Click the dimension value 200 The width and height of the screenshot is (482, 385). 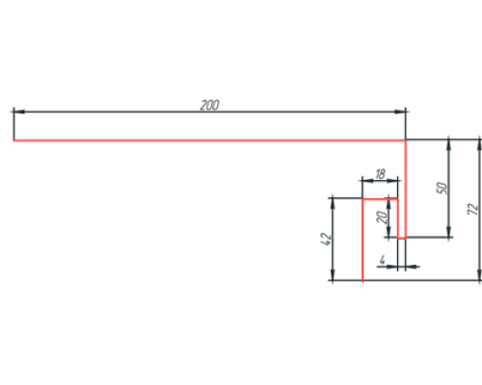coord(209,105)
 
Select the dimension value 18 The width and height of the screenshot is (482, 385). coord(380,174)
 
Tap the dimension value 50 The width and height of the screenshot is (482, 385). coord(442,188)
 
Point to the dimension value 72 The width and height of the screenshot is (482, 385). coord(473,209)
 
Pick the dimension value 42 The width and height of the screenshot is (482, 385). coord(326,239)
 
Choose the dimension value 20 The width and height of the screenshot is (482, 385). coord(382,218)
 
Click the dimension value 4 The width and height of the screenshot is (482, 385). coord(382,260)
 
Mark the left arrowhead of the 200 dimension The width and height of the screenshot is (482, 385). coord(19,112)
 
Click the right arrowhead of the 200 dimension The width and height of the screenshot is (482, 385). coord(400,112)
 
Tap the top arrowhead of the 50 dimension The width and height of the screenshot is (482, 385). coord(449,145)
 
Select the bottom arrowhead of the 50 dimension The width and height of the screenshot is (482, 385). coord(449,232)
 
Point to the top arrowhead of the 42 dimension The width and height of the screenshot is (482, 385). coord(333,204)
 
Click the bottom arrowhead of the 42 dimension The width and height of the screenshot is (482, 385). coord(333,275)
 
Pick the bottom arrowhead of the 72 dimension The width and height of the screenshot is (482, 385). coord(479,275)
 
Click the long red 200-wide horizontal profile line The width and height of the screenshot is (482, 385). coord(209,141)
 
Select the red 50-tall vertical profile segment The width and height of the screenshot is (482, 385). coord(406,189)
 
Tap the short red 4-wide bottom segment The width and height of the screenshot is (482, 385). coord(402,238)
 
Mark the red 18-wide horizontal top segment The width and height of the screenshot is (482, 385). coord(380,199)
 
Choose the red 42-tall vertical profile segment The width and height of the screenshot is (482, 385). coord(362,240)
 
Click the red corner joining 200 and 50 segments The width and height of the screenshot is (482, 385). coord(406,141)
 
